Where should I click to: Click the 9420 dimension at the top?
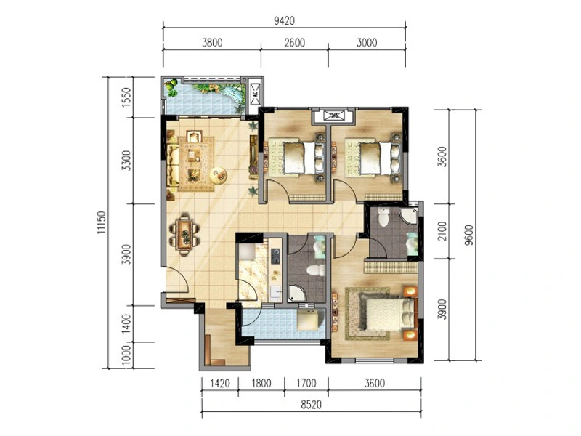(284, 21)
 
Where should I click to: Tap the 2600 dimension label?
(295, 43)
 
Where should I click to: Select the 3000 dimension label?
(367, 43)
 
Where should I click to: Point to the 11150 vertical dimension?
(102, 222)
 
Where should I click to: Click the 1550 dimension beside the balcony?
(126, 97)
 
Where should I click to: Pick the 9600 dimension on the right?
(468, 235)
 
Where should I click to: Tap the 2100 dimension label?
(442, 230)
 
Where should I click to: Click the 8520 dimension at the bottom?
(311, 405)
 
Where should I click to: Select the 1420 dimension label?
(220, 383)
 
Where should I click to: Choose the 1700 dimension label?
(306, 383)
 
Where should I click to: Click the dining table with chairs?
(184, 234)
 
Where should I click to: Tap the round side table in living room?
(219, 175)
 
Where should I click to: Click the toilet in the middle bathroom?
(316, 270)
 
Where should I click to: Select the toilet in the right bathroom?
(383, 216)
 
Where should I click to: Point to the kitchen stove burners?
(275, 257)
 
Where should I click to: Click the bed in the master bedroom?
(386, 315)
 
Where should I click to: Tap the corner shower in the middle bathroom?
(297, 294)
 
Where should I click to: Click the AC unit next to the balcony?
(256, 94)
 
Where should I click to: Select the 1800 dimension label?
(261, 383)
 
